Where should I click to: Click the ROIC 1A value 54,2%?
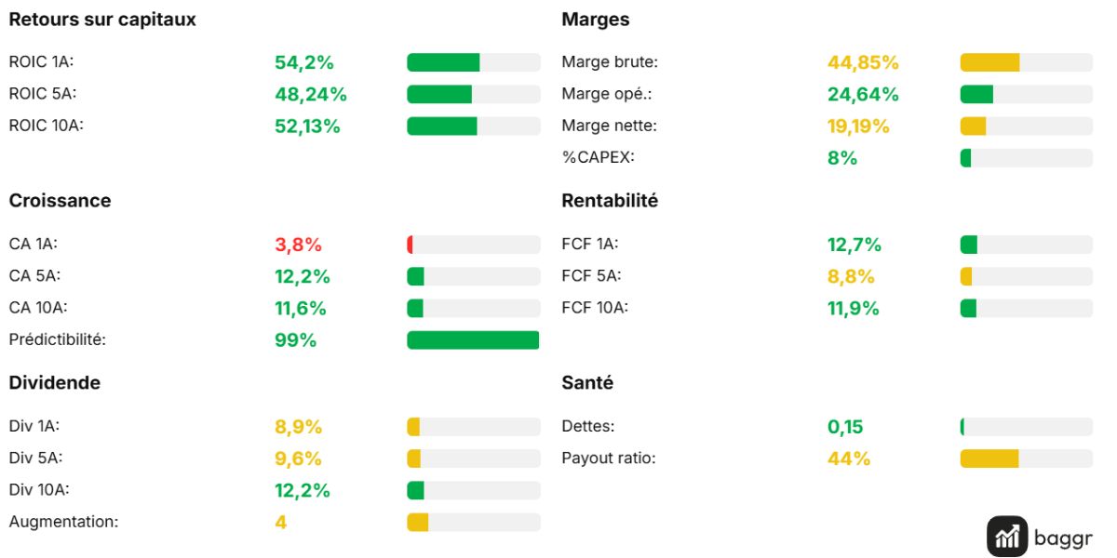click(303, 62)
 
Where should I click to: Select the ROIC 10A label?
click(46, 125)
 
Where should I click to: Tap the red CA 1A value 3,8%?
click(298, 245)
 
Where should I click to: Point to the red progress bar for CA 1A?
click(410, 245)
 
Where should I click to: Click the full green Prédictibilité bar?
click(473, 339)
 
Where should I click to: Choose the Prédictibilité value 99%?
click(295, 340)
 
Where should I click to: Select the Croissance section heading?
click(60, 200)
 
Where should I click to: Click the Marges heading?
click(596, 19)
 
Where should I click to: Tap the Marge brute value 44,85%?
click(863, 62)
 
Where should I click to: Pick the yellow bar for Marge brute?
click(989, 62)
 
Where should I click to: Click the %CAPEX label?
click(598, 157)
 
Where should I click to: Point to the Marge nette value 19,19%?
click(858, 126)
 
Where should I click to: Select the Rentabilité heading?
click(610, 200)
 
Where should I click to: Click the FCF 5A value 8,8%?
click(851, 276)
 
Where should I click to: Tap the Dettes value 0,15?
click(845, 427)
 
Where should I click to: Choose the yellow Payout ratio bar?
click(989, 458)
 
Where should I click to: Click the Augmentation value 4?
click(281, 522)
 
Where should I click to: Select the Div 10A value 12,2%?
click(303, 491)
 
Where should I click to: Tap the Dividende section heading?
click(55, 382)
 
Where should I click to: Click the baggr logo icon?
click(1007, 537)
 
